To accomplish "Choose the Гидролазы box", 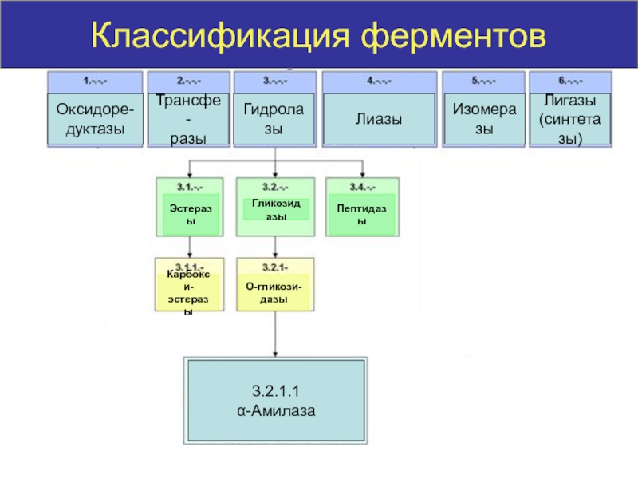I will (x=274, y=119).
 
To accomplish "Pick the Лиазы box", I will (x=379, y=119).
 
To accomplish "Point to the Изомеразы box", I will (x=484, y=119).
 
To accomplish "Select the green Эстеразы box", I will (x=191, y=213).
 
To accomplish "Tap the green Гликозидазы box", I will (x=275, y=210).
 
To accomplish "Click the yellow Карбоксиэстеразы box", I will (x=189, y=292).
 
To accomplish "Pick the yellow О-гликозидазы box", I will (x=275, y=292).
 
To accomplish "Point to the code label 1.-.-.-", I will (x=96, y=80).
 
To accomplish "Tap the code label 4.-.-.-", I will (x=379, y=80).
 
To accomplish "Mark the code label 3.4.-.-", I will (x=362, y=186).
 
